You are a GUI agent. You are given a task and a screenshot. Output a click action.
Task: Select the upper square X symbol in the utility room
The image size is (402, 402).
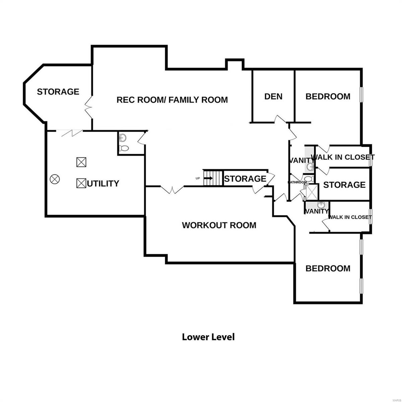coord(81,162)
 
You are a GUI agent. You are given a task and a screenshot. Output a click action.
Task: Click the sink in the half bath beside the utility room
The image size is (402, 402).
coord(123,137)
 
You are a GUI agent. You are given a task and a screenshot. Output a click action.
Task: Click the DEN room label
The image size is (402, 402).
coord(273,96)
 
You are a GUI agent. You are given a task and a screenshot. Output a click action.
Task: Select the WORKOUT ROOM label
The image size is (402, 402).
coord(219,225)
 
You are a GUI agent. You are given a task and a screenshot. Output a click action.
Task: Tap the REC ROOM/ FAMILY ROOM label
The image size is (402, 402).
coord(172,99)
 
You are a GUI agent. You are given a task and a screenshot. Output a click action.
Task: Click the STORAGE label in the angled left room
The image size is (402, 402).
coord(58,91)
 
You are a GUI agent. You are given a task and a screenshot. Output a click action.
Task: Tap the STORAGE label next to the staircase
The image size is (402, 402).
coord(245,179)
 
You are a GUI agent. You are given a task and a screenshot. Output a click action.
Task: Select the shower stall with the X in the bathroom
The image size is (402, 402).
coord(312,192)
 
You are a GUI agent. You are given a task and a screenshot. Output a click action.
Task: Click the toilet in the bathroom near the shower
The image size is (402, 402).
coord(308,179)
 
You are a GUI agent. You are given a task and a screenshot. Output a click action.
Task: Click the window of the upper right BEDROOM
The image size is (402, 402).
coord(361,94)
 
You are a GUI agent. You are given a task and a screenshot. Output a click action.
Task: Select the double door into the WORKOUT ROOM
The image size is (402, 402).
coord(172,190)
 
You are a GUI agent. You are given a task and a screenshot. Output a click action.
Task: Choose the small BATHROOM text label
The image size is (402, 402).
coord(297,182)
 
